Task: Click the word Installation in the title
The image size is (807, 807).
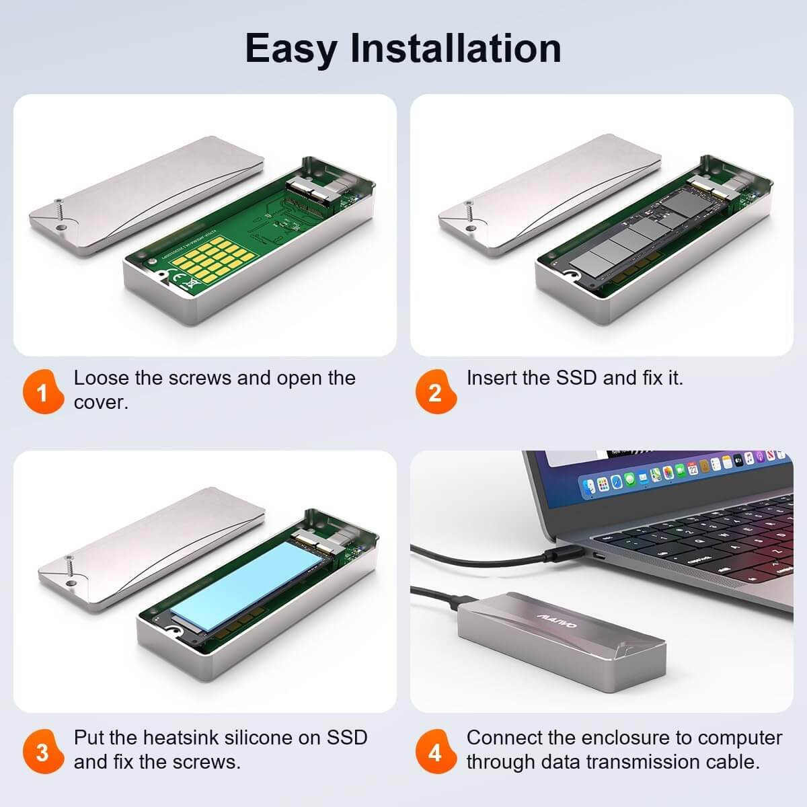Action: click(x=456, y=48)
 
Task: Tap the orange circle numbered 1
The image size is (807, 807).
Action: click(x=42, y=391)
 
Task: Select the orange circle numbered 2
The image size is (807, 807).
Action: click(x=435, y=391)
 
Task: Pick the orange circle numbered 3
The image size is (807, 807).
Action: click(x=42, y=751)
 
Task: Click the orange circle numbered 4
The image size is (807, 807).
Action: click(x=435, y=751)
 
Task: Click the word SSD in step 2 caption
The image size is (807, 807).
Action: click(x=576, y=378)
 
